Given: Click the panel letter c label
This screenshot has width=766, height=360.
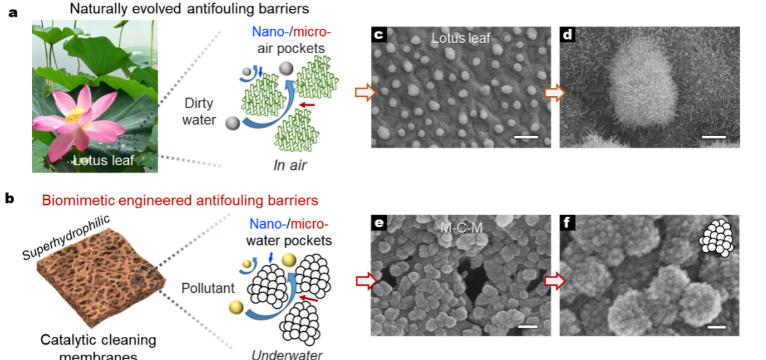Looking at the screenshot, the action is (x=379, y=35).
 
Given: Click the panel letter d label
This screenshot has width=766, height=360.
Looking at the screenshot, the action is (x=567, y=35).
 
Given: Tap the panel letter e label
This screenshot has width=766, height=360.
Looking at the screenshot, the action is (x=379, y=223).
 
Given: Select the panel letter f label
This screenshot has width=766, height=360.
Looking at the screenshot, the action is (x=567, y=223).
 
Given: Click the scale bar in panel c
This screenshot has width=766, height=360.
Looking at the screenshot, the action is (x=526, y=137).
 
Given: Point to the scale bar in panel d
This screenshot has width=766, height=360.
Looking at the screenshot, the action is (x=714, y=137).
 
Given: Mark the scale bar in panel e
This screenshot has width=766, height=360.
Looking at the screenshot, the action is (x=528, y=326).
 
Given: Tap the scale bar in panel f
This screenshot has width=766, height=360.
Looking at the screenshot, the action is (x=715, y=327).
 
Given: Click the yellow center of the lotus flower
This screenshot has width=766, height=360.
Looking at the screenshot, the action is (x=73, y=116).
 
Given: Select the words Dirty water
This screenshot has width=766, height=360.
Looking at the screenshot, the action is (x=200, y=111).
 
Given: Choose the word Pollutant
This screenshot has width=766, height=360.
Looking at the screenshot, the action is (x=201, y=288).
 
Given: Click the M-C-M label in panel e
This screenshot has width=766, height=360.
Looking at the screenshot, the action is (x=460, y=227).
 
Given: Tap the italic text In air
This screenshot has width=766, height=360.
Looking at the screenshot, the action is (x=290, y=165).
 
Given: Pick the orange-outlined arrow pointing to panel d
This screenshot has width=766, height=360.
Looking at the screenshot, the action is (x=554, y=92).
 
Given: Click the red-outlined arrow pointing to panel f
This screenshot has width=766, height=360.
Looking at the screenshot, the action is (x=554, y=281).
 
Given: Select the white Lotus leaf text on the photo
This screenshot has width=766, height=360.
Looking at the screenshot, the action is (x=104, y=160).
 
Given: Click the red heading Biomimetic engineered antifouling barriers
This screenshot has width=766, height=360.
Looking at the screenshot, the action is (x=180, y=200).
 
